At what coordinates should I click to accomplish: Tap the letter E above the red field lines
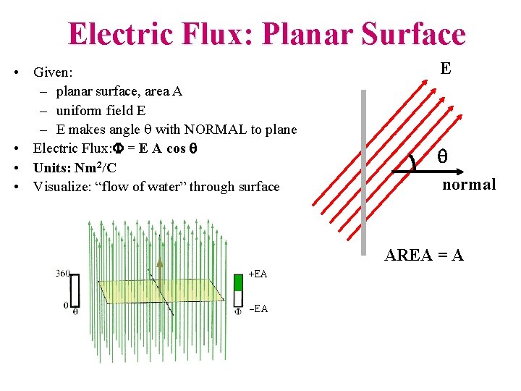pyautogui.click(x=446, y=69)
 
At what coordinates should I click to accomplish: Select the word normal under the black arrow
pyautogui.click(x=469, y=184)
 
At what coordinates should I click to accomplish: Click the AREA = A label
pyautogui.click(x=424, y=255)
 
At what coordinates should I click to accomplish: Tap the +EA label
pyautogui.click(x=258, y=274)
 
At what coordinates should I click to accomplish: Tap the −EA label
pyautogui.click(x=258, y=308)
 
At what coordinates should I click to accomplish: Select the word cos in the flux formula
pyautogui.click(x=177, y=148)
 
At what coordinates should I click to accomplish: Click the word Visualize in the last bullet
pyautogui.click(x=62, y=187)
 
